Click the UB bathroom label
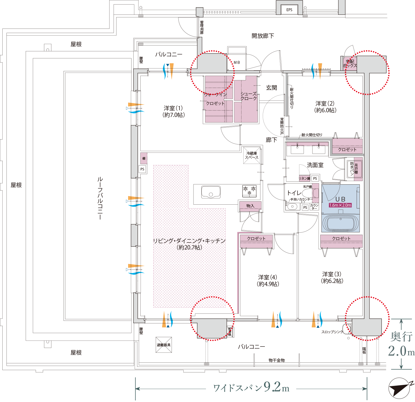(340, 199)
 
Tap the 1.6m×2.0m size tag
(340, 205)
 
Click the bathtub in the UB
(341, 223)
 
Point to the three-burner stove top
(249, 190)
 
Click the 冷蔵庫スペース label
(252, 155)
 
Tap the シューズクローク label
(248, 96)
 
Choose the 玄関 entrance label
(271, 88)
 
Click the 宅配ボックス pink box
(350, 64)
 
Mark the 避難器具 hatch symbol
(164, 345)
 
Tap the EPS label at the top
(289, 10)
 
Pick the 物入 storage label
(250, 206)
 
